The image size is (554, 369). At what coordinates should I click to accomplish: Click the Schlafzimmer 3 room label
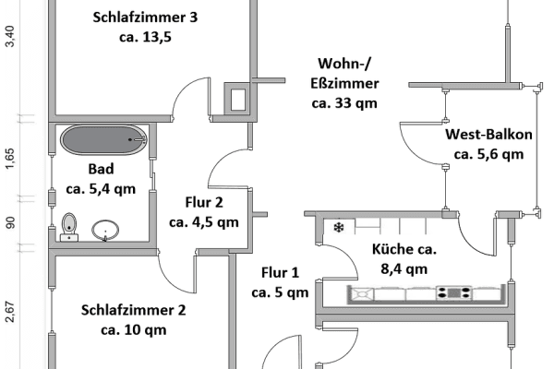tap(146, 18)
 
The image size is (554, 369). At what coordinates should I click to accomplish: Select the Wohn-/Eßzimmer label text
tap(343, 73)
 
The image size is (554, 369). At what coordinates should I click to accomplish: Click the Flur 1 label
tap(280, 273)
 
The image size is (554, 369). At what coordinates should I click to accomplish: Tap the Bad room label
tap(102, 170)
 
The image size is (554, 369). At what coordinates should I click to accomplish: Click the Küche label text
tap(403, 249)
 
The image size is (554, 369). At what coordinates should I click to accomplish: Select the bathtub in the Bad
tap(104, 141)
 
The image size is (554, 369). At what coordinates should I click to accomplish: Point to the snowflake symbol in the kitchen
tap(338, 227)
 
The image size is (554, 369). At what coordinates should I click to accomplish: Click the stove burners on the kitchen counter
tap(453, 293)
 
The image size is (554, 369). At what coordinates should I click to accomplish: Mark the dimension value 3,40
tap(9, 38)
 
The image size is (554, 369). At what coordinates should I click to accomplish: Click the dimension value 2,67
tap(9, 313)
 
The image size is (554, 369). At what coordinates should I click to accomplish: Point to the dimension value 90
tap(9, 222)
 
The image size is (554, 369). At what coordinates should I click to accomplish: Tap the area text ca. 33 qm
tap(344, 103)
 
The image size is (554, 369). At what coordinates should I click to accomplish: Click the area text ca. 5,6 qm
tap(488, 154)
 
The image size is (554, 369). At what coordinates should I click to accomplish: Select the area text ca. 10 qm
tap(133, 329)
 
